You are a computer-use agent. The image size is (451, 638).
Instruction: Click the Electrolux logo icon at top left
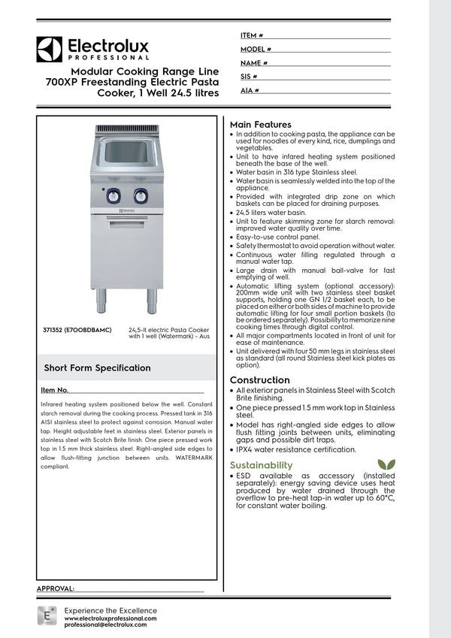click(x=49, y=49)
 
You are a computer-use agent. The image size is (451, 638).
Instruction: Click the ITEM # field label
click(x=251, y=35)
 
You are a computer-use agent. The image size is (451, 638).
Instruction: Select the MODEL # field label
click(x=256, y=49)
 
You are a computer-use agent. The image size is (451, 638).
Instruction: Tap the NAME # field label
click(x=255, y=63)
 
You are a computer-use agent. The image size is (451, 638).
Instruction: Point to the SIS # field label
click(x=249, y=77)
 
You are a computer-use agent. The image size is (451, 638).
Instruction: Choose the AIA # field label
click(x=250, y=90)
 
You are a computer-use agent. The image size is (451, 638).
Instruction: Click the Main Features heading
click(x=260, y=124)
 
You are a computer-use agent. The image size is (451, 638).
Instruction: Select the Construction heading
click(x=259, y=380)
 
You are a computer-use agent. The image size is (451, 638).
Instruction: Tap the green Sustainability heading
click(x=261, y=465)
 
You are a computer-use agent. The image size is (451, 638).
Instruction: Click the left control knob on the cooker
click(x=114, y=196)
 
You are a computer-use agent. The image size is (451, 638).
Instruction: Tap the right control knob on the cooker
click(x=141, y=196)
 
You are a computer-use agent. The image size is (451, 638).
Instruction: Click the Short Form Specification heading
click(x=97, y=368)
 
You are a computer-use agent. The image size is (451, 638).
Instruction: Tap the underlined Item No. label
click(x=55, y=391)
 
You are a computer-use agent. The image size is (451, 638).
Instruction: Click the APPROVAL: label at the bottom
click(x=56, y=588)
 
